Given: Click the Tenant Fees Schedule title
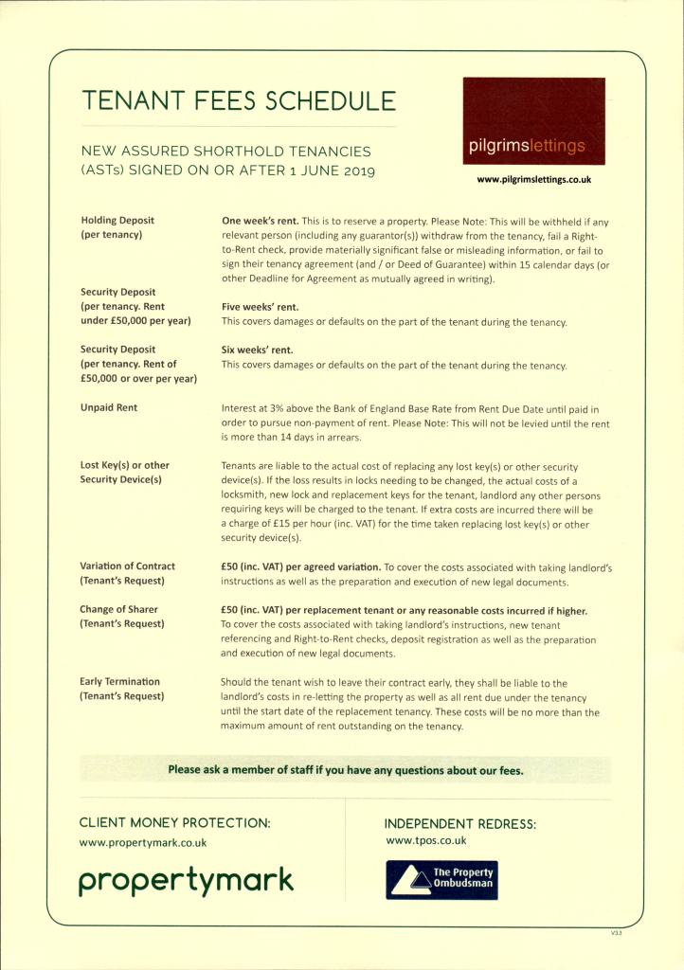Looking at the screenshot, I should [x=239, y=100].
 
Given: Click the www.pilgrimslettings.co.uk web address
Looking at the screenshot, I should [x=533, y=179].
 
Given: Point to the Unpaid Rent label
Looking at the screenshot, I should [x=108, y=407].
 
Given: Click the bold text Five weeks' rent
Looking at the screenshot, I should [x=260, y=307].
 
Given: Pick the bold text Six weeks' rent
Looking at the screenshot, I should [x=257, y=350].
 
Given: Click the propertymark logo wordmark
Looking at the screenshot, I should [x=186, y=881].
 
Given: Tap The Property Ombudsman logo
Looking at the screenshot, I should [x=441, y=879].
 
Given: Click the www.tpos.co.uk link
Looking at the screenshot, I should [x=426, y=840].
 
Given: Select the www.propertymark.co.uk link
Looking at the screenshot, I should [x=143, y=842].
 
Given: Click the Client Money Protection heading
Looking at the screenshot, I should [x=174, y=823].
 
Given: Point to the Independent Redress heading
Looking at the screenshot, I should [x=459, y=824].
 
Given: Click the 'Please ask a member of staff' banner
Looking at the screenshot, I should [x=345, y=769].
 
